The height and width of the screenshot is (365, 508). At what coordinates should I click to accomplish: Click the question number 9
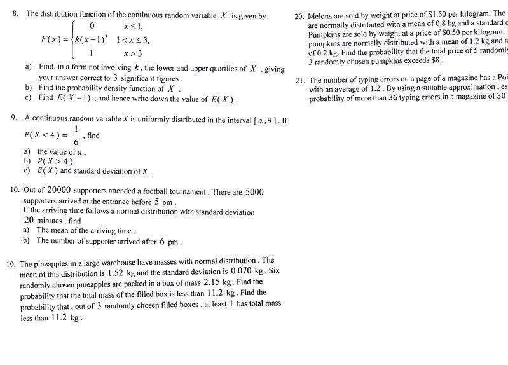[14, 119]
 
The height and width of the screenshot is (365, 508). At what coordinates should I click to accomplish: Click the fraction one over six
[76, 135]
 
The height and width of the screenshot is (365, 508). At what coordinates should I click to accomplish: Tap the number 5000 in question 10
[254, 191]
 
